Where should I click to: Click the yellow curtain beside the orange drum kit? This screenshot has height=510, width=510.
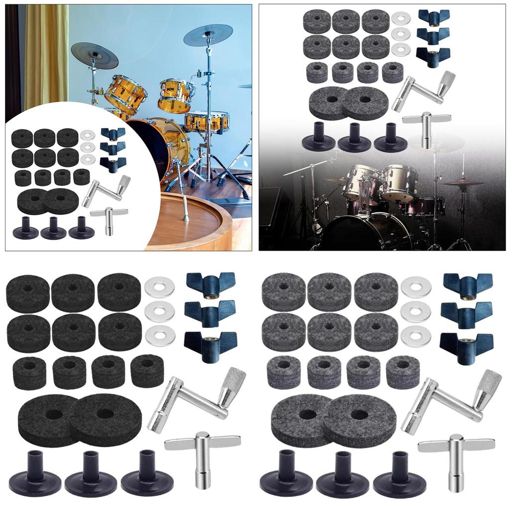pos(45,55)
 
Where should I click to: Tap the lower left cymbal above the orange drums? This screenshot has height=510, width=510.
pos(95,55)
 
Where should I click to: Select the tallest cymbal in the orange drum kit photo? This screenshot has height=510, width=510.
pos(208,34)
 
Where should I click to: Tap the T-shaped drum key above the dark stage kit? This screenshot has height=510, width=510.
pos(426,127)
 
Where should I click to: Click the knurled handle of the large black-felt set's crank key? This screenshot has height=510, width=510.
pos(232,385)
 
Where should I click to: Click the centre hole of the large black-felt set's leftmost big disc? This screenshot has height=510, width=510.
pos(54,414)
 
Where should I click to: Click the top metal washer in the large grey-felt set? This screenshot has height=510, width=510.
pos(415,288)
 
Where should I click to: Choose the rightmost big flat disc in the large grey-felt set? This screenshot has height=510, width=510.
pos(360,414)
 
